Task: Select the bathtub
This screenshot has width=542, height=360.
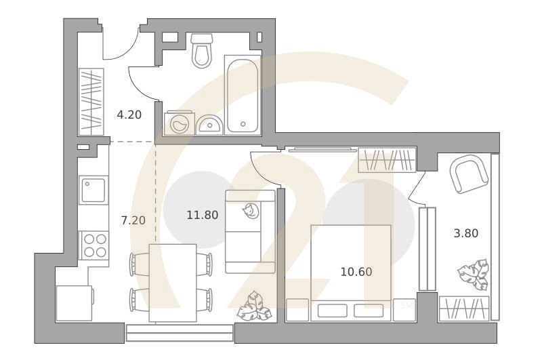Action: pyautogui.click(x=242, y=96)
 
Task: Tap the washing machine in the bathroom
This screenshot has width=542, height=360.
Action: pyautogui.click(x=179, y=123)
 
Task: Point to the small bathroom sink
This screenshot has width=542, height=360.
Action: pyautogui.click(x=209, y=125)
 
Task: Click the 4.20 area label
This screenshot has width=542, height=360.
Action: pyautogui.click(x=129, y=115)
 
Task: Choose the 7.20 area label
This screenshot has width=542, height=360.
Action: pyautogui.click(x=133, y=220)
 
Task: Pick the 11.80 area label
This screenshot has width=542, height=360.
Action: pyautogui.click(x=202, y=216)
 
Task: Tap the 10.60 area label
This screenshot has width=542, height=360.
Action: pyautogui.click(x=356, y=272)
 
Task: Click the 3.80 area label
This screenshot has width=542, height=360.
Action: pyautogui.click(x=465, y=234)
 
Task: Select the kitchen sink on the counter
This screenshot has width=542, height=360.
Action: pyautogui.click(x=93, y=190)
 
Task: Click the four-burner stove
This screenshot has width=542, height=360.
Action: pyautogui.click(x=93, y=245)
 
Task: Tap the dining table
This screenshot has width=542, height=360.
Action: pyautogui.click(x=172, y=283)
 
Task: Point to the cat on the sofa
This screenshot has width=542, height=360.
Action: pyautogui.click(x=250, y=211)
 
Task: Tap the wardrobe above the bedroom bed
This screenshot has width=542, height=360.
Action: pyautogui.click(x=385, y=160)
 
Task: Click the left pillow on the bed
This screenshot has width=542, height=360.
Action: pyautogui.click(x=331, y=311)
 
